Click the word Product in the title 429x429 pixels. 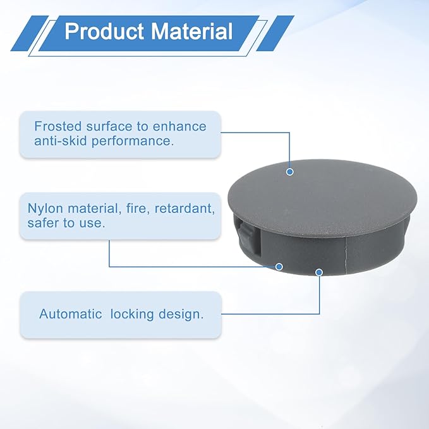pyautogui.click(x=104, y=31)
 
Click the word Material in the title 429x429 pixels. pyautogui.click(x=192, y=31)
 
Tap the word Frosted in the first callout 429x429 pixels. pyautogui.click(x=58, y=126)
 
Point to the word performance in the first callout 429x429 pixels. pyautogui.click(x=133, y=142)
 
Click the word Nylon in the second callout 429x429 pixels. pyautogui.click(x=45, y=208)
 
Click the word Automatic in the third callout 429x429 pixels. pyautogui.click(x=71, y=314)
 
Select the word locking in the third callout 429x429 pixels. pyautogui.click(x=132, y=315)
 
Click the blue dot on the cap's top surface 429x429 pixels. pyautogui.click(x=290, y=172)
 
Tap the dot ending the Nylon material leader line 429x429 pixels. pyautogui.click(x=279, y=267)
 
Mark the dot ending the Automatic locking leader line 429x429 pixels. pyautogui.click(x=319, y=272)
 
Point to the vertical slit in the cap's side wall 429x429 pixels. pyautogui.click(x=346, y=251)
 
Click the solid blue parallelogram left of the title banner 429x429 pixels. pyautogui.click(x=30, y=33)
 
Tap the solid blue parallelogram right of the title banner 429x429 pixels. pyautogui.click(x=275, y=33)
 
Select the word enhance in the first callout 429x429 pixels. pyautogui.click(x=179, y=126)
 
